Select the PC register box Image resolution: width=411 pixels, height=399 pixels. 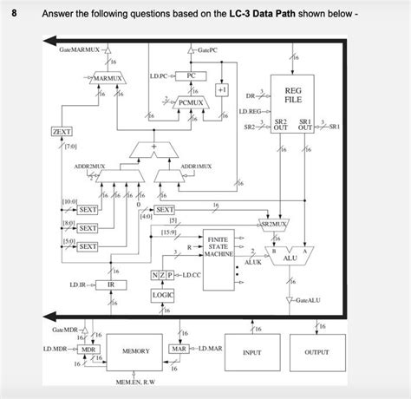click(x=192, y=75)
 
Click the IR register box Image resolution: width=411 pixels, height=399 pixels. click(x=111, y=285)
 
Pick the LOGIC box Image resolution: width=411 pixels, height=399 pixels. click(x=163, y=295)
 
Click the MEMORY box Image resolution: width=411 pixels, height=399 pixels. click(x=135, y=351)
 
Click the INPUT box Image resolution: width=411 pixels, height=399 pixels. click(x=252, y=353)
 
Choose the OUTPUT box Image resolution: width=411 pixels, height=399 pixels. click(x=316, y=353)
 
